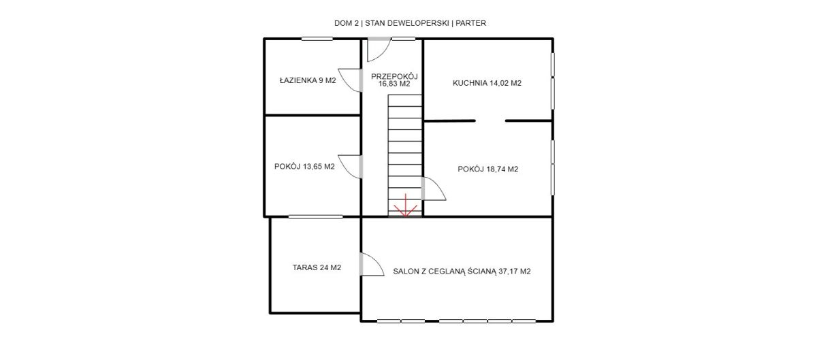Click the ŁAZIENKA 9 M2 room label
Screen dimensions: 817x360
308,80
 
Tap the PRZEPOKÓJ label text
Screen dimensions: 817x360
394,77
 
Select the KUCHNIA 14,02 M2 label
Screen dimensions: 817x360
487,83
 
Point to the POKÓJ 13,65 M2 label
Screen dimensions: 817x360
304,166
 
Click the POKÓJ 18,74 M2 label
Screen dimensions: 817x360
487,169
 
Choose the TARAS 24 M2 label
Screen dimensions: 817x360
317,267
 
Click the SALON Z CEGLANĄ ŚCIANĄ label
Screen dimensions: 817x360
444,271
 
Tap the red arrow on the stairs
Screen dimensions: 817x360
405,206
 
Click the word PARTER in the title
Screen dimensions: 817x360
471,23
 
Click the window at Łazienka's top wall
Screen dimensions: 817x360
317,39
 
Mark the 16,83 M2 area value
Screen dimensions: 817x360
394,84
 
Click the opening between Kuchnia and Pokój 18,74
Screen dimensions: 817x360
490,120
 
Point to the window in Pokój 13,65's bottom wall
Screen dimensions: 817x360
315,216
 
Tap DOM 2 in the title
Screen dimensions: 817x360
347,23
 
